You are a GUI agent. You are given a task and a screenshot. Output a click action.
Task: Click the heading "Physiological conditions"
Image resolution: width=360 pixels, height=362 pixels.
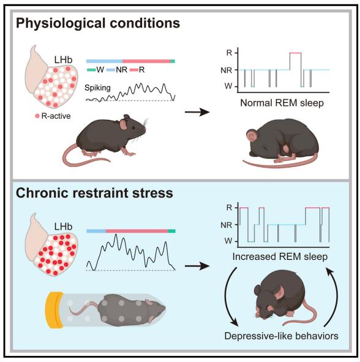pyautogui.click(x=98, y=24)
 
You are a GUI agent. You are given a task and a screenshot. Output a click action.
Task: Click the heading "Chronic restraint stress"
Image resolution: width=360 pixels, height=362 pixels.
pyautogui.click(x=94, y=193)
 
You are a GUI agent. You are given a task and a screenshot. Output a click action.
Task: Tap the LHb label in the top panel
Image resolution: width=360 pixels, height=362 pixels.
pyautogui.click(x=63, y=60)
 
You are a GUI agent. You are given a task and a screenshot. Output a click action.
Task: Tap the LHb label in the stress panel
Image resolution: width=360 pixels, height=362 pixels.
pyautogui.click(x=63, y=227)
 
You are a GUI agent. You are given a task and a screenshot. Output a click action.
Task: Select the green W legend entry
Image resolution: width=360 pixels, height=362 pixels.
pyautogui.click(x=96, y=70)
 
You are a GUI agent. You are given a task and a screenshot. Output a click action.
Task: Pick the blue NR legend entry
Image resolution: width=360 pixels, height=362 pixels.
pyautogui.click(x=117, y=70)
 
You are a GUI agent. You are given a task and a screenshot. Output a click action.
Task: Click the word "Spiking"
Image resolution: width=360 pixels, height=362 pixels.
pyautogui.click(x=97, y=88)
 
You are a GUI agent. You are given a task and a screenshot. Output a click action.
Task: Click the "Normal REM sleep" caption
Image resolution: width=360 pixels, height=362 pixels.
pyautogui.click(x=282, y=103)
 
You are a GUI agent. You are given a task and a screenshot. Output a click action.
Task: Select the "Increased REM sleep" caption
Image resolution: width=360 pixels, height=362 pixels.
pyautogui.click(x=280, y=257)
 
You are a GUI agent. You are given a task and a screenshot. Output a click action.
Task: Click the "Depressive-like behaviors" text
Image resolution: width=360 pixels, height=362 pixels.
pyautogui.click(x=281, y=336)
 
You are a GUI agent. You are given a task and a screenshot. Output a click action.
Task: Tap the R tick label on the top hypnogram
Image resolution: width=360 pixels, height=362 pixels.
pyautogui.click(x=229, y=53)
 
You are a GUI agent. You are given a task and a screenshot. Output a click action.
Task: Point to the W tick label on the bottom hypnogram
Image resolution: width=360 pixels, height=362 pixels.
pyautogui.click(x=228, y=242)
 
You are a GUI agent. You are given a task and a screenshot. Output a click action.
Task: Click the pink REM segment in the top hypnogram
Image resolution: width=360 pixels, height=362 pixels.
pyautogui.click(x=296, y=53)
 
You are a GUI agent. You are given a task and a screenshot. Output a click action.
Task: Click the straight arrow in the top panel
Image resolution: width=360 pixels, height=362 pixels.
pyautogui.click(x=197, y=113)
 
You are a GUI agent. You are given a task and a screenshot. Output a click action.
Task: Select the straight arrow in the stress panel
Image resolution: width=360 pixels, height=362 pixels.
pyautogui.click(x=197, y=266)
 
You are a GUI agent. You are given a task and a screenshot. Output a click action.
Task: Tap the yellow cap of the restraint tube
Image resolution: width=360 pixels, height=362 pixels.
pyautogui.click(x=54, y=310)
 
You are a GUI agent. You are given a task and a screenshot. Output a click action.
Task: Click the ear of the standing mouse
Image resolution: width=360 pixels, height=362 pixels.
pyautogui.click(x=123, y=125)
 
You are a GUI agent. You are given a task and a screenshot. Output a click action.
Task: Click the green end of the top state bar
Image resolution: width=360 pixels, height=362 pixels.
pyautogui.click(x=173, y=61)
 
